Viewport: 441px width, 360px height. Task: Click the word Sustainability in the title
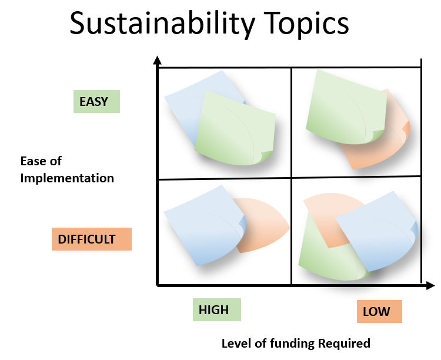[x=162, y=24]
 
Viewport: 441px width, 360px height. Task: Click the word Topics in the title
[x=306, y=24]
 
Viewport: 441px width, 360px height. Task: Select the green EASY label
[x=97, y=101]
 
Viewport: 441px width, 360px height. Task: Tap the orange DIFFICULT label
[x=92, y=239]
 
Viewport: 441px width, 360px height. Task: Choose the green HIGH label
[x=217, y=309]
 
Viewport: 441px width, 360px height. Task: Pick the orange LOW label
[x=379, y=311]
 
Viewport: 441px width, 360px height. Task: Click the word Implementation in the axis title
[x=67, y=178]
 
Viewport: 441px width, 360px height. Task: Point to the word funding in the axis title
[x=292, y=344]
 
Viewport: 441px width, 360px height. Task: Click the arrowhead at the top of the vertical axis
[x=157, y=60]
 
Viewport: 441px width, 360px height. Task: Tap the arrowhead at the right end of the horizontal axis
[x=430, y=285]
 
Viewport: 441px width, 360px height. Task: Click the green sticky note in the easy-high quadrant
[x=235, y=128]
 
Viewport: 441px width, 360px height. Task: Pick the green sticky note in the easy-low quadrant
[x=346, y=107]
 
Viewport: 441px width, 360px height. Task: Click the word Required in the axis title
[x=344, y=344]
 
